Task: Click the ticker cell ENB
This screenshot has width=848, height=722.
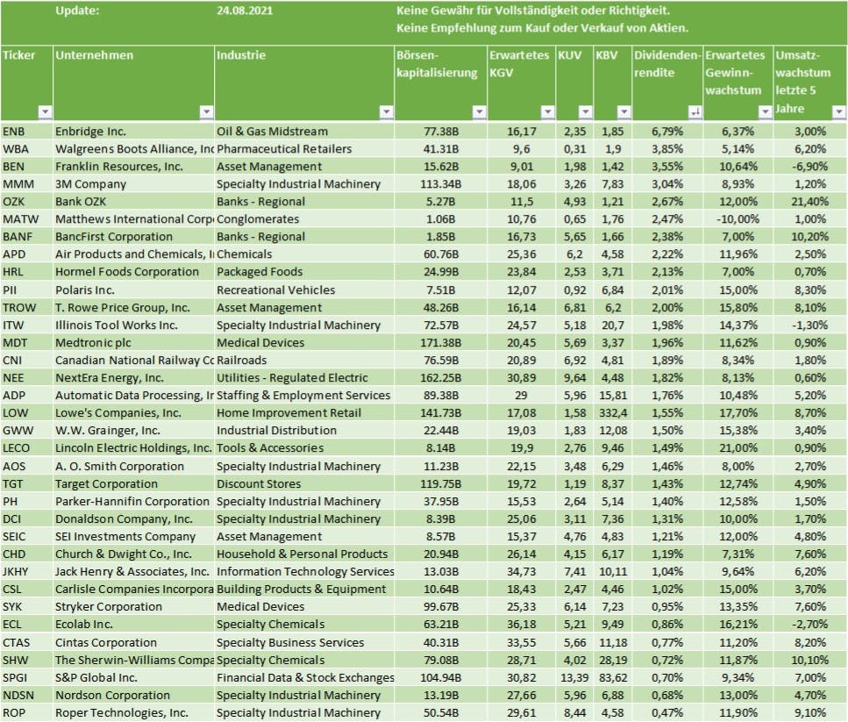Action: coord(15,131)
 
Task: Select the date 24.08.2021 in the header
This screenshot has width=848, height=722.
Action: coord(243,11)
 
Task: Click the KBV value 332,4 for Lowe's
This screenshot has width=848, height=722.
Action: coord(611,412)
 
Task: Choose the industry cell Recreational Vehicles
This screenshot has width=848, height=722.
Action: coord(275,290)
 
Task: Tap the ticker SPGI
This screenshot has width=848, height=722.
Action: coord(18,677)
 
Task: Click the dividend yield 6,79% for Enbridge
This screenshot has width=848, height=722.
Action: coord(669,131)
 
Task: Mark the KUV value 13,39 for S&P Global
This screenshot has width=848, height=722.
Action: coord(571,677)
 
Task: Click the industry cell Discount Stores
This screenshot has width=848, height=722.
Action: coord(259,483)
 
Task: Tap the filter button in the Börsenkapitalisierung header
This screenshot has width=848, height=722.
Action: coord(479,111)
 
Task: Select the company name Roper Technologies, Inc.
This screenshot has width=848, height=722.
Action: coord(121,712)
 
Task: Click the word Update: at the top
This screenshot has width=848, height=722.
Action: coord(77,11)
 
